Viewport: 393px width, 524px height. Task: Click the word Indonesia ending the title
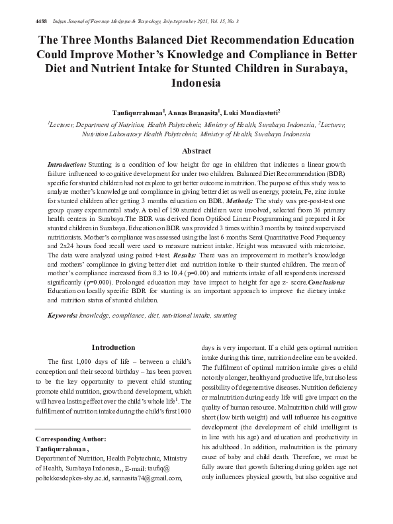click(x=196, y=83)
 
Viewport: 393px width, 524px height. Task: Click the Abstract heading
click(x=196, y=151)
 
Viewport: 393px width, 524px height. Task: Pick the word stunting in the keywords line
click(x=225, y=316)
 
